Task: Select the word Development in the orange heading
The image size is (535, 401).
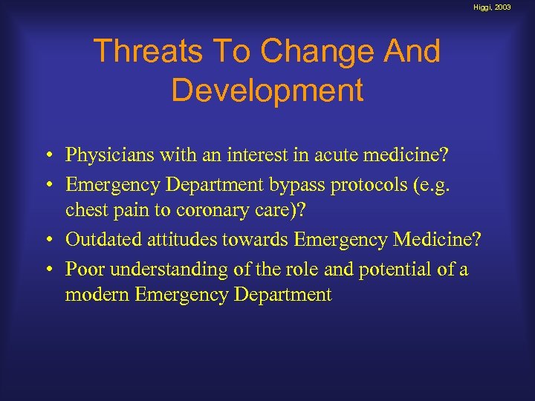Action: click(x=267, y=90)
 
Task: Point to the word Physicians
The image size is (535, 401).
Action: click(x=108, y=155)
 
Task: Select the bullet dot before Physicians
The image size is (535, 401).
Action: click(x=48, y=156)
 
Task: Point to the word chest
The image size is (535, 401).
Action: click(x=85, y=210)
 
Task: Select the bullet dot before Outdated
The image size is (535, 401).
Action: click(x=48, y=240)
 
